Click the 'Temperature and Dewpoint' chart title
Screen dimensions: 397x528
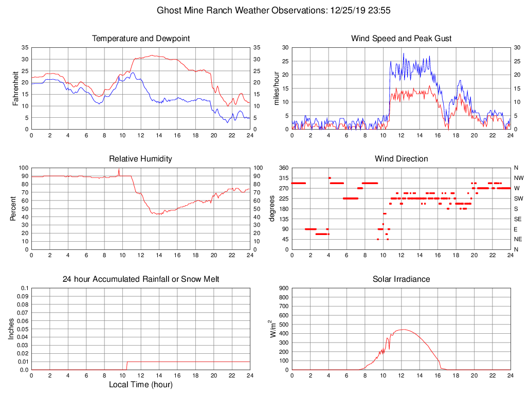click(x=140, y=39)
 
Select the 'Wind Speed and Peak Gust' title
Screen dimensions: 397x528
click(x=401, y=39)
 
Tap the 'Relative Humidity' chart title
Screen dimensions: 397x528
click(x=140, y=159)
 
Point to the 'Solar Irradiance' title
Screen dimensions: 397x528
click(x=401, y=279)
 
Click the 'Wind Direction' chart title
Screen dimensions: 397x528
click(x=401, y=159)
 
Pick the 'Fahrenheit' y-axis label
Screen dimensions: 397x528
click(x=15, y=88)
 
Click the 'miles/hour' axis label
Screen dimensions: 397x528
click(x=276, y=88)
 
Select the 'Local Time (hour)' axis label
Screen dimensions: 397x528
click(x=140, y=385)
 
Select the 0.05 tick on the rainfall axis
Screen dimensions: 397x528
click(x=23, y=329)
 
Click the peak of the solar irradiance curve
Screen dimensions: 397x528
click(x=402, y=330)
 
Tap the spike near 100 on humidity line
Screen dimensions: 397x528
click(x=119, y=169)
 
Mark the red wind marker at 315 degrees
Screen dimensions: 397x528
click(x=330, y=178)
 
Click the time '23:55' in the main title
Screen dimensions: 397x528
click(x=380, y=10)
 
